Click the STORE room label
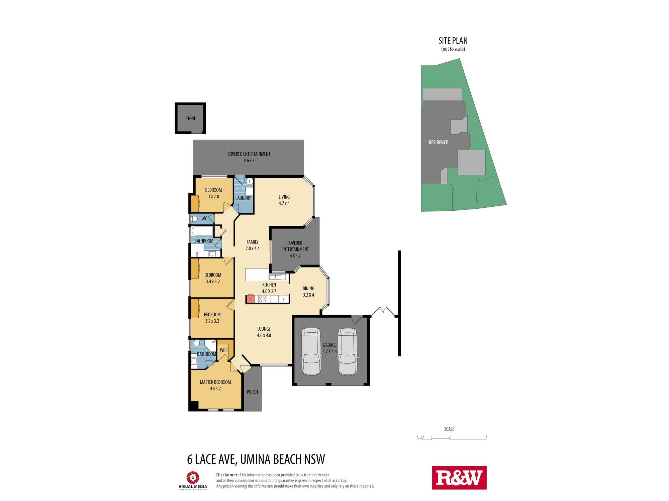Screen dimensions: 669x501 [x=191, y=119]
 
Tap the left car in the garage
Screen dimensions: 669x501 [x=311, y=352]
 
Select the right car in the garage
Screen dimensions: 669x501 [x=348, y=352]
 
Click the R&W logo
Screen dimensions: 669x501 [x=459, y=478]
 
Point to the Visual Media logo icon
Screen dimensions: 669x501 [x=193, y=478]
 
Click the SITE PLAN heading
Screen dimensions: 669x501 [x=453, y=41]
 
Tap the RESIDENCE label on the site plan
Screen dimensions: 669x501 [x=438, y=143]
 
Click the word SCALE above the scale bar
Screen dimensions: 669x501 [x=449, y=429]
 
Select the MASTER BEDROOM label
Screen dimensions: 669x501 [x=215, y=382]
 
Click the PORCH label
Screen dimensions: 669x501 [x=252, y=392]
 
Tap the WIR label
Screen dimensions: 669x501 [x=223, y=350]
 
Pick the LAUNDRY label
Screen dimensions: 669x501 [x=243, y=198]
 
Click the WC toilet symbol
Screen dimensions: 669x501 [x=194, y=219]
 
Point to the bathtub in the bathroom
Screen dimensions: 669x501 [x=202, y=231]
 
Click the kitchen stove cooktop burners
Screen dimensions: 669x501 [x=262, y=299]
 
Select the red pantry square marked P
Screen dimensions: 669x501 [x=250, y=299]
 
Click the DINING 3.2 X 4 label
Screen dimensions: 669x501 [x=308, y=292]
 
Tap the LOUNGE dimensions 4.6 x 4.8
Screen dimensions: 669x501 [x=264, y=335]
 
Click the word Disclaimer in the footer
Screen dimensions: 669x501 [x=227, y=475]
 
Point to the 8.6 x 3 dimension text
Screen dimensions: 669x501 [x=249, y=161]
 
